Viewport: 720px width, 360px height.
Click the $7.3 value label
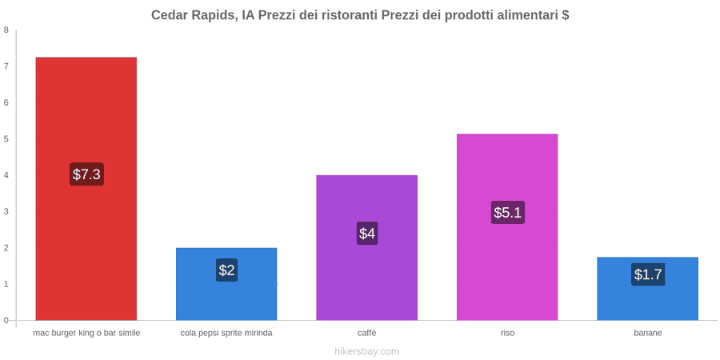coord(86,174)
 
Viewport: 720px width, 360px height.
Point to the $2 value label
coord(226,270)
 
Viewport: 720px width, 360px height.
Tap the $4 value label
coord(367,234)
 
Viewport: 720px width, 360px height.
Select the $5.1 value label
coord(507,213)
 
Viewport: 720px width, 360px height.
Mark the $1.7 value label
coord(648,274)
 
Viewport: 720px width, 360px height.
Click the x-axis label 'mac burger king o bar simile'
coord(86,333)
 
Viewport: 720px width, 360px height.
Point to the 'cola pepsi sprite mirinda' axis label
coord(226,333)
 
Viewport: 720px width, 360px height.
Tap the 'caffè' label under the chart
coord(367,333)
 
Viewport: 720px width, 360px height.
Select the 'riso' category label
coord(507,333)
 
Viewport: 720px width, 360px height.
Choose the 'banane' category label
coord(648,333)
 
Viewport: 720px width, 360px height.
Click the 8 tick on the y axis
coord(6,30)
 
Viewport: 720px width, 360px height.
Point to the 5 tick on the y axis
coord(6,139)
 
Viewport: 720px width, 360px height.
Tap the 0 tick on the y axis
coord(6,321)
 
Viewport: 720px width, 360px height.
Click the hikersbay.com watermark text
coord(360,351)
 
